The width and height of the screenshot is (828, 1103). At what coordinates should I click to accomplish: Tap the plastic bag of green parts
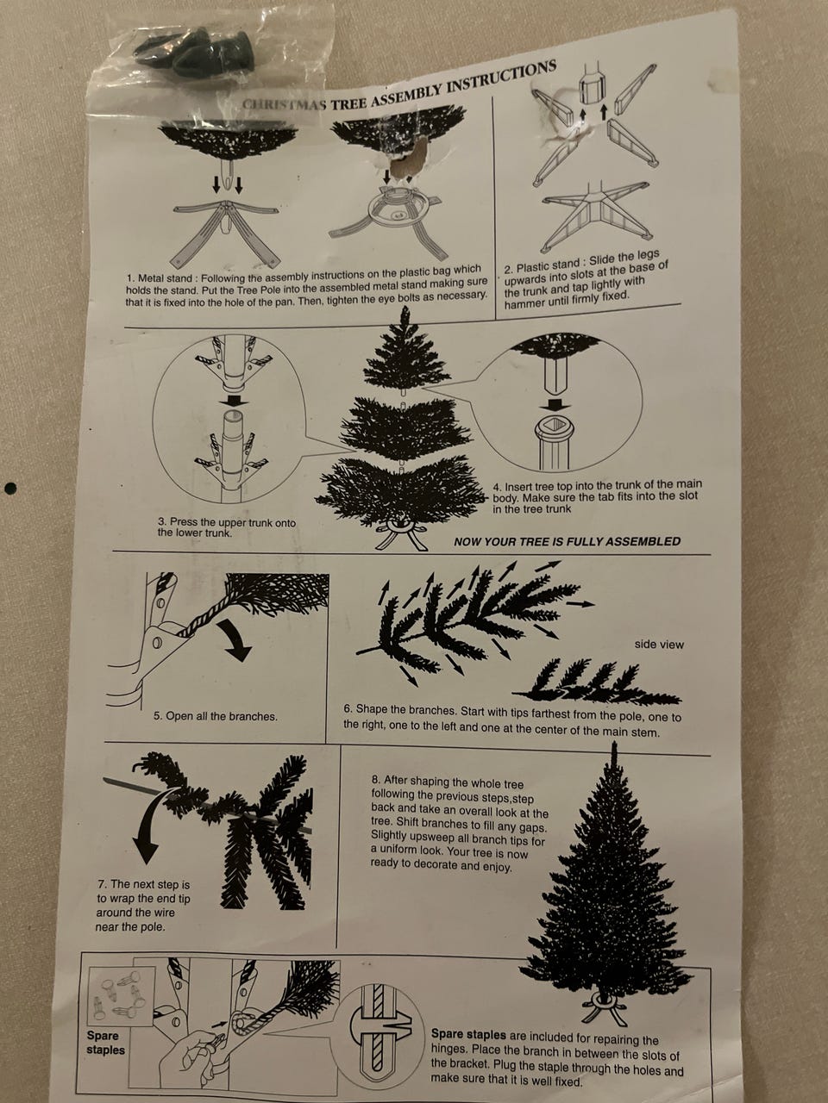coord(211,58)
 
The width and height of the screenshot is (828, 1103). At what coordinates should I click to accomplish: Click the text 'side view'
coord(659,645)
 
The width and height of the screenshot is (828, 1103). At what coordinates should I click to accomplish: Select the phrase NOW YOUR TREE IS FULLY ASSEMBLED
coord(567,542)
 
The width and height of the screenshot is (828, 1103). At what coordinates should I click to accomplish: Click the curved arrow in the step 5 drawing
coord(234,641)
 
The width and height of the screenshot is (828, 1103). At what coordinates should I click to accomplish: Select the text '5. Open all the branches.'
coord(215,716)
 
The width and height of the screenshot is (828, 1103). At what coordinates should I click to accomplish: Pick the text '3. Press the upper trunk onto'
coord(227,522)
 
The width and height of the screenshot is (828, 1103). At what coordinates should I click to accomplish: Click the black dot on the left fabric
coord(9,487)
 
